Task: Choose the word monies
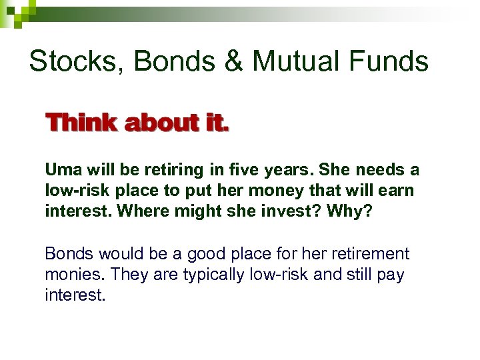72,275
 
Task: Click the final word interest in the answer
75,295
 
